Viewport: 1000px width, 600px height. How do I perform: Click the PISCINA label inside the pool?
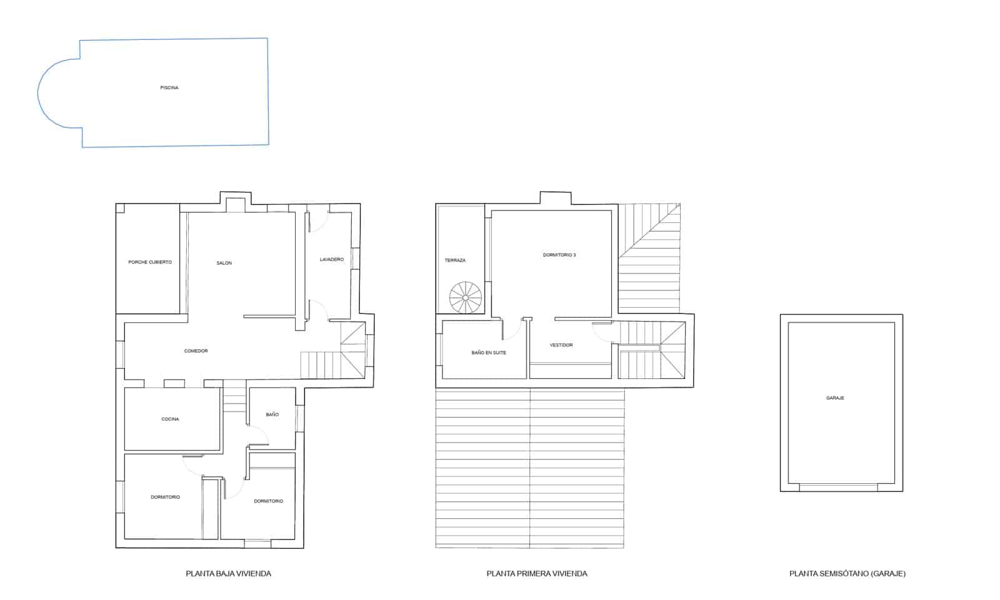pos(169,88)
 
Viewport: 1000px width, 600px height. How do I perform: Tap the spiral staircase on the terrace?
pos(466,298)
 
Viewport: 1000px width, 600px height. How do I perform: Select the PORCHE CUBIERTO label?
pos(150,262)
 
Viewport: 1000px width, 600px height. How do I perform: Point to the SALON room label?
pos(224,263)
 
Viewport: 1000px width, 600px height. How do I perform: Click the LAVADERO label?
pos(332,260)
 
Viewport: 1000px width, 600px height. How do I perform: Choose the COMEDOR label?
pos(196,351)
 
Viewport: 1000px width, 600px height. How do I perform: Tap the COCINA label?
pos(170,420)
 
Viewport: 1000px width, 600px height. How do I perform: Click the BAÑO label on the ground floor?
pos(272,415)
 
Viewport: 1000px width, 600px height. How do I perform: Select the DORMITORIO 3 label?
pos(559,255)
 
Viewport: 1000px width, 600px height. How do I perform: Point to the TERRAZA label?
pos(455,260)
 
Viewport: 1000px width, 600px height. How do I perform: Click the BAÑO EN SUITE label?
pos(489,353)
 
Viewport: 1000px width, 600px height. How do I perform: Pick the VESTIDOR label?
pos(561,345)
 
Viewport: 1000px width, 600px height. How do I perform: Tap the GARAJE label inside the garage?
pos(835,398)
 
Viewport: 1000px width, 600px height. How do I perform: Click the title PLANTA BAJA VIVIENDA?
pos(229,574)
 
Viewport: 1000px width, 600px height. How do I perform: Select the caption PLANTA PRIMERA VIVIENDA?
pos(537,574)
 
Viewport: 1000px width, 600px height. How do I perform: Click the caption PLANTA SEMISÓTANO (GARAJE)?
pos(847,574)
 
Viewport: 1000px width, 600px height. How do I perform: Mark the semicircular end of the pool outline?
pos(38,94)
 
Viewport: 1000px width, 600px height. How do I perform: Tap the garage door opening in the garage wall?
pos(838,488)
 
